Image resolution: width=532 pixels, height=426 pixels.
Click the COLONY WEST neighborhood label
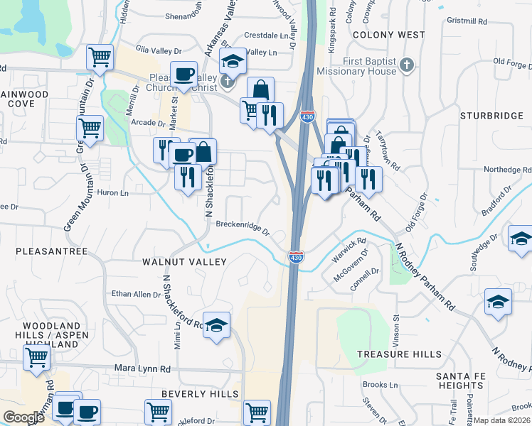388,35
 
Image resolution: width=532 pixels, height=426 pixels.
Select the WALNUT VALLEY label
184,262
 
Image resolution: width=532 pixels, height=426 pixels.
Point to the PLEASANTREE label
51,251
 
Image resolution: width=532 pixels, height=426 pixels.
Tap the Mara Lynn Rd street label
143,369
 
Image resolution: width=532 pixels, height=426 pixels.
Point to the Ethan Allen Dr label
137,293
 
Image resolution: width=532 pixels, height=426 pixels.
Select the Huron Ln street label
112,192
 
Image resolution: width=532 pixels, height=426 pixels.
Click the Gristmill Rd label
467,21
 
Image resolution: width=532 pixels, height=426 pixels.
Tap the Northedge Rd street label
507,170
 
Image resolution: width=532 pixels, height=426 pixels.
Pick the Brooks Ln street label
379,384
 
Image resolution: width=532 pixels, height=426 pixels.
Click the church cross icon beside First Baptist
406,66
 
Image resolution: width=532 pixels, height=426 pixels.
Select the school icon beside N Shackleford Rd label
216,324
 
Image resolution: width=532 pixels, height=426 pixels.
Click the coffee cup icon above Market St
184,74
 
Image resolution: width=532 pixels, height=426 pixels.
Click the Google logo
23,417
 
